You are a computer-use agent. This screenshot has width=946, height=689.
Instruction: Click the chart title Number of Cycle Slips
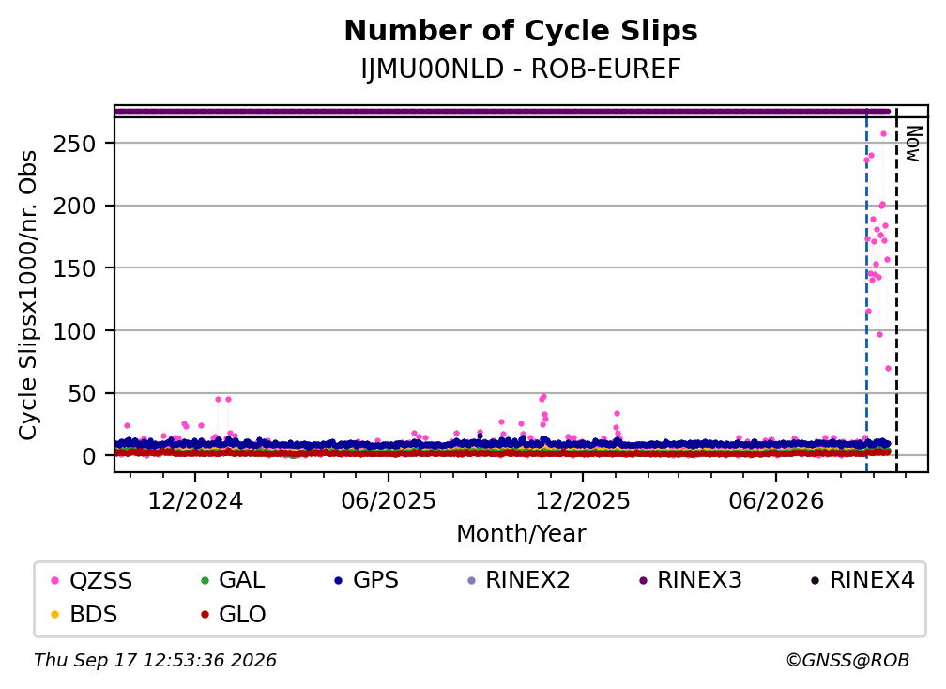coord(521,31)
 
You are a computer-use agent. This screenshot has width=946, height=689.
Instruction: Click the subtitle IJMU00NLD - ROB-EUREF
coord(521,69)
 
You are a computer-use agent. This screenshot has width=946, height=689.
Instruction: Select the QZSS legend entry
coord(91,580)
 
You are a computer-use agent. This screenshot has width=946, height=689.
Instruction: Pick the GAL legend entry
coord(233,580)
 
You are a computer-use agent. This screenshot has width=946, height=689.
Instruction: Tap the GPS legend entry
coord(366,580)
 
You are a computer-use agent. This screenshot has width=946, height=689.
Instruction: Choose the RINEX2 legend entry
coord(518,580)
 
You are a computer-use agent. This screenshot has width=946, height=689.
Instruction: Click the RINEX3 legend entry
coord(690,580)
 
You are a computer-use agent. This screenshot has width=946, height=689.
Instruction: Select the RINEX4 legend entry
coord(862,580)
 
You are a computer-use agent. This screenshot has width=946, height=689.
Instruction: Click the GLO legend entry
coord(233,614)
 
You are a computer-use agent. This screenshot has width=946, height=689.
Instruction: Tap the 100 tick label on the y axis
coord(75,331)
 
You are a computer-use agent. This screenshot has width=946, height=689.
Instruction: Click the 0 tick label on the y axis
coord(89,457)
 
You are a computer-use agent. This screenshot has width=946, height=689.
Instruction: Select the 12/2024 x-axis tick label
coord(195,500)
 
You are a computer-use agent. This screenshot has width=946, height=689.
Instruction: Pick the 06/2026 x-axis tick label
coord(776,500)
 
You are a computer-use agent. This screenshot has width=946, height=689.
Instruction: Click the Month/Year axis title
coord(521,533)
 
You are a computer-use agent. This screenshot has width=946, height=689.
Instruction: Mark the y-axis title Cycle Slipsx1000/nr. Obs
coord(28,295)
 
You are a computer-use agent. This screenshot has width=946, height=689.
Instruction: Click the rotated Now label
coord(914,144)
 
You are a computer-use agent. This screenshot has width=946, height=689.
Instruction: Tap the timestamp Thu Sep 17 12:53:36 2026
coord(155,660)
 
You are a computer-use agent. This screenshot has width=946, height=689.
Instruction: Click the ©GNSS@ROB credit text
coord(847,660)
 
